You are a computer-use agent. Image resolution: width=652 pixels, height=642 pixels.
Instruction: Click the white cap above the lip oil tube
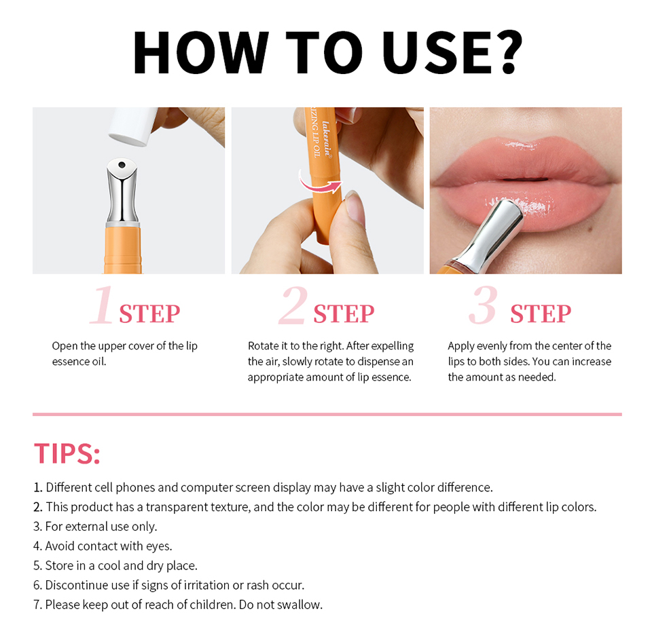pos(133,126)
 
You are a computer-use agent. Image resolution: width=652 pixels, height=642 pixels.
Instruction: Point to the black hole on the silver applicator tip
pos(122,165)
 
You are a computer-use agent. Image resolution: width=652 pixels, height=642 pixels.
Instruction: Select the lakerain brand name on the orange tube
pos(327,139)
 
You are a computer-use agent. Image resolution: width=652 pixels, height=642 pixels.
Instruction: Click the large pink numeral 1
pos(103,305)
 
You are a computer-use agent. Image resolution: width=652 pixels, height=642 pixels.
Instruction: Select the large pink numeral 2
pos(293,305)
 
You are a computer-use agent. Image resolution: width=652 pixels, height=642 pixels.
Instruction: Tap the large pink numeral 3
pos(484,305)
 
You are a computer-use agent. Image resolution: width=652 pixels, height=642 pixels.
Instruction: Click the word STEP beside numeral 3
pos(541,314)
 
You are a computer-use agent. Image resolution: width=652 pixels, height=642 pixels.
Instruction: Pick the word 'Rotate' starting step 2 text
pos(264,345)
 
